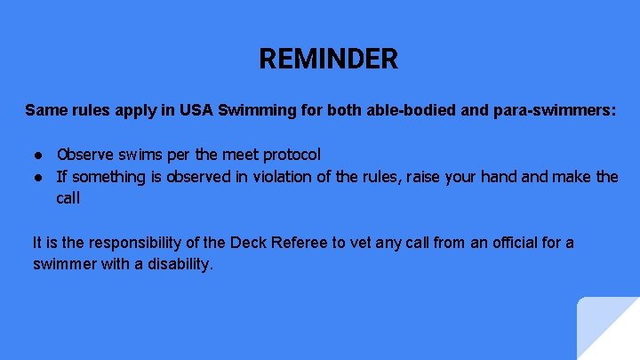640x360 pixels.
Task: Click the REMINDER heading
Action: [328, 60]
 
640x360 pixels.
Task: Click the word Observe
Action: [86, 155]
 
